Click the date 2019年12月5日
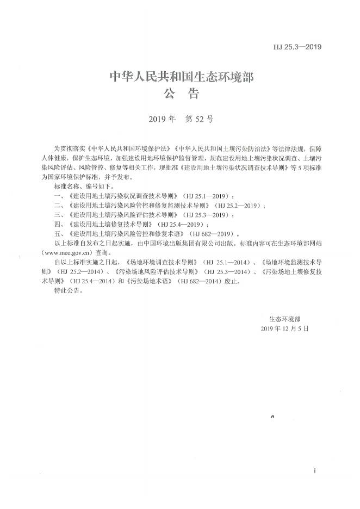click(284, 329)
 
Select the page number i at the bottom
click(314, 469)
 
